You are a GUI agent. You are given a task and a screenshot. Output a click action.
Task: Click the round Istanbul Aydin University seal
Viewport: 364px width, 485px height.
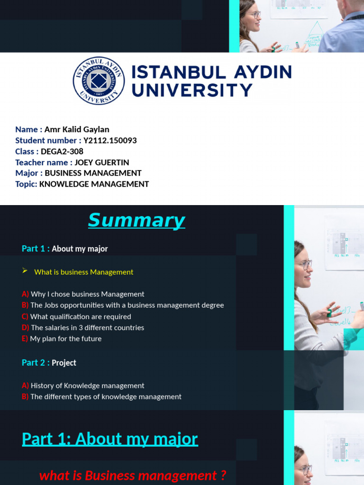99,81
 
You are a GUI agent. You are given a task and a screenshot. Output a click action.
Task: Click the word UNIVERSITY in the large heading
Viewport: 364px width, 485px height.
192,90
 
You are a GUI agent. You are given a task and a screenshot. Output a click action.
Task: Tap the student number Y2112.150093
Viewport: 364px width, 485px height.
110,141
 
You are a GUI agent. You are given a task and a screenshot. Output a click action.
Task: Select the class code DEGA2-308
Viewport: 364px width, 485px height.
62,152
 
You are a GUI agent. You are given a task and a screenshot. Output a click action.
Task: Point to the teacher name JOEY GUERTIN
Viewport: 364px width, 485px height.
102,162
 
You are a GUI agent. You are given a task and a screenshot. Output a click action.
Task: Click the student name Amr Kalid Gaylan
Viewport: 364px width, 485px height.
77,130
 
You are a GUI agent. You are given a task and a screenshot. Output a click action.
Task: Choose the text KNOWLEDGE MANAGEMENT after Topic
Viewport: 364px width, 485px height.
94,184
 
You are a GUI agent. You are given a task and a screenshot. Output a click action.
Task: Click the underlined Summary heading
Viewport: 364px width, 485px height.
136,221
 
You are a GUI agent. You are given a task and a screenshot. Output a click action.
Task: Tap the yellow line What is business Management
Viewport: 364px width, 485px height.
84,272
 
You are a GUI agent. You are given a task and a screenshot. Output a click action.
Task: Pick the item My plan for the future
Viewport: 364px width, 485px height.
65,339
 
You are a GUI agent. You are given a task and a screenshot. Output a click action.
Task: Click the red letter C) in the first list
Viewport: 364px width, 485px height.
25,317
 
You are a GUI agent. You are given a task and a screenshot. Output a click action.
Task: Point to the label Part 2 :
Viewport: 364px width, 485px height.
36,363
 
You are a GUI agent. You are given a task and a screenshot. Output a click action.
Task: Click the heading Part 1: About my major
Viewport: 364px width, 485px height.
110,439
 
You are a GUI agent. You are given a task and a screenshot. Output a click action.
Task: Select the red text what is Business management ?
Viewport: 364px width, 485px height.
133,476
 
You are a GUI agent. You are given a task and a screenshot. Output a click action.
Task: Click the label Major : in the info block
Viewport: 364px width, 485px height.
29,173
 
